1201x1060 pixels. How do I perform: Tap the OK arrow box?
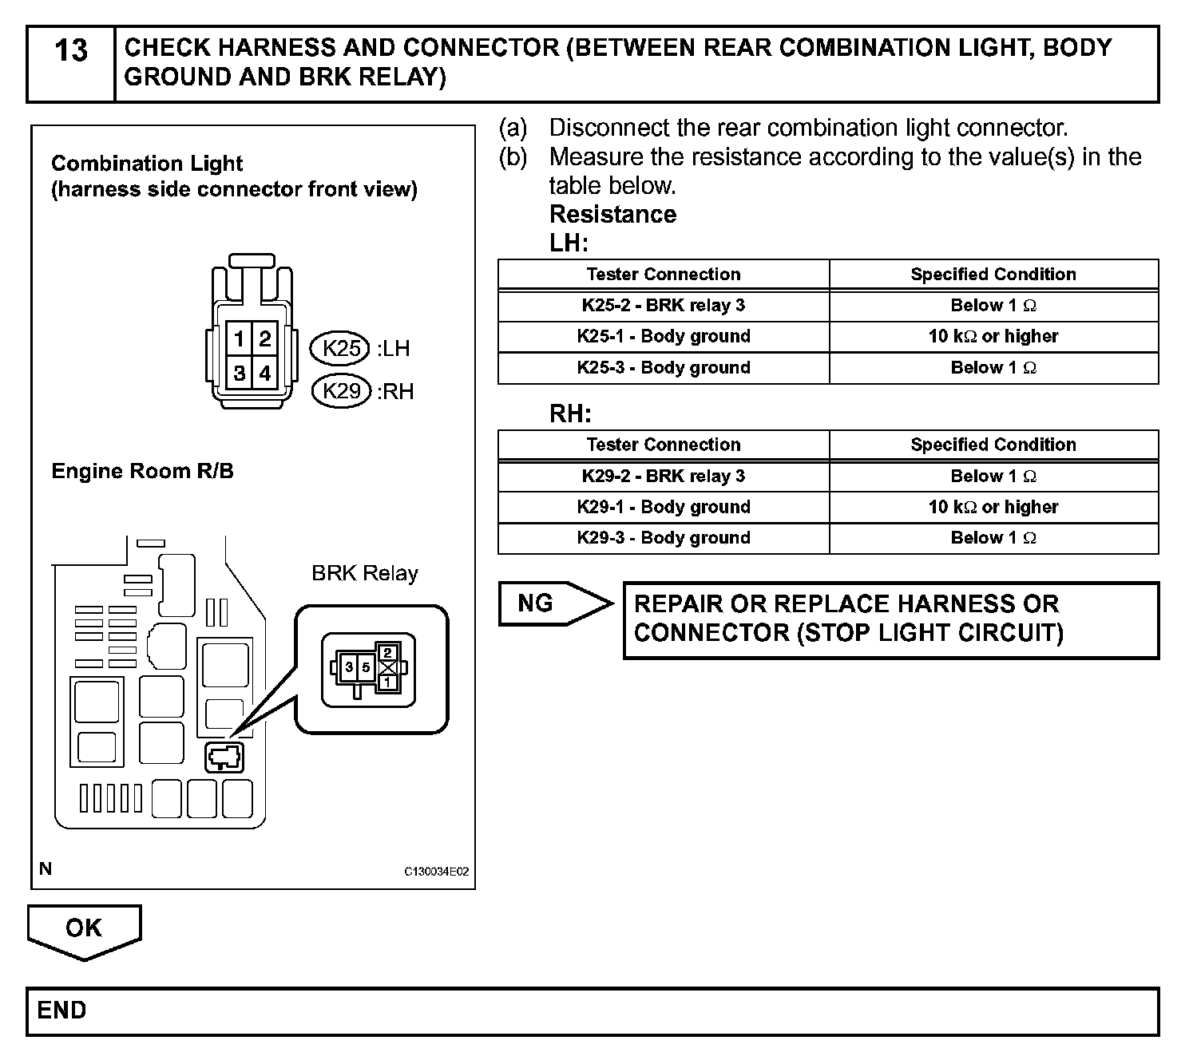point(84,928)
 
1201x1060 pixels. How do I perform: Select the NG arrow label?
point(536,603)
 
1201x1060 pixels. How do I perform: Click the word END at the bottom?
point(61,1011)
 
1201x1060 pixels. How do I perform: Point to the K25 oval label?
point(341,348)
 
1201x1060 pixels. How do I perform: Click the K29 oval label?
point(341,391)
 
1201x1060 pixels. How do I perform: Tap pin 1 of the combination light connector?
point(239,339)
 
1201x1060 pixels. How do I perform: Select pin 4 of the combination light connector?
point(264,373)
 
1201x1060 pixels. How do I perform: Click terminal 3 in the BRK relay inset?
point(349,667)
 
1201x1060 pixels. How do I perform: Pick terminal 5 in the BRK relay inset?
point(366,667)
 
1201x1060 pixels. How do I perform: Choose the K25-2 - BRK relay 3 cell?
point(663,306)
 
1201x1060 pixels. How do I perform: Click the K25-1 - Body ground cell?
point(663,336)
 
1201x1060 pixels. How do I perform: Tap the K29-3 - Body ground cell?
point(663,538)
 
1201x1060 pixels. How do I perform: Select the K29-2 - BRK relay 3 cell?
point(663,477)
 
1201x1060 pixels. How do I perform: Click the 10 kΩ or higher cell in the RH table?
point(993,507)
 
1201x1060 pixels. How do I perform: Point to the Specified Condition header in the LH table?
point(993,275)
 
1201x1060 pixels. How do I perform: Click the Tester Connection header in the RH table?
point(663,445)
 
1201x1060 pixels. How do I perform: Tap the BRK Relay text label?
point(365,573)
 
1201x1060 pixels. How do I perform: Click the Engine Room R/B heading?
point(143,471)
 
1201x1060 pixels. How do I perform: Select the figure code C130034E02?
point(437,872)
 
